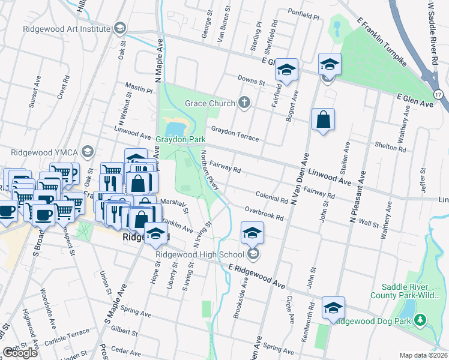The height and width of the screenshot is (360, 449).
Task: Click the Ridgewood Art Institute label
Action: tap(66, 28)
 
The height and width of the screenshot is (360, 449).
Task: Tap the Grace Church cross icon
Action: tap(244, 103)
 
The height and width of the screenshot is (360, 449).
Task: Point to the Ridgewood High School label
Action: tap(200, 254)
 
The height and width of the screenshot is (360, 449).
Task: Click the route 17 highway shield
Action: tap(439, 94)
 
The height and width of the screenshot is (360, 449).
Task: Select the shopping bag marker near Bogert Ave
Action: tap(324, 119)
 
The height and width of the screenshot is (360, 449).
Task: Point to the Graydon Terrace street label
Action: tap(235, 133)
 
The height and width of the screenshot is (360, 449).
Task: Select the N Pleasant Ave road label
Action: tap(358, 197)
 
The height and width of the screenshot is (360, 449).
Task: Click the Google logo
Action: tap(20, 353)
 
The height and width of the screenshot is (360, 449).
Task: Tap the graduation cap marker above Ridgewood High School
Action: tap(253, 232)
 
